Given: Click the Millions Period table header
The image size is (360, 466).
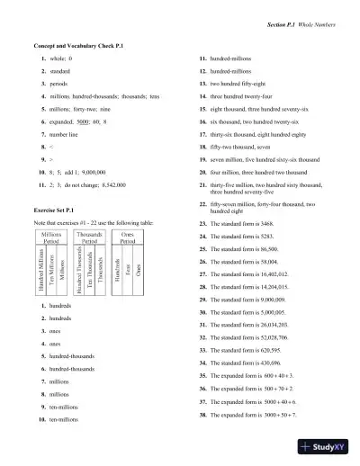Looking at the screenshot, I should (x=51, y=237).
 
